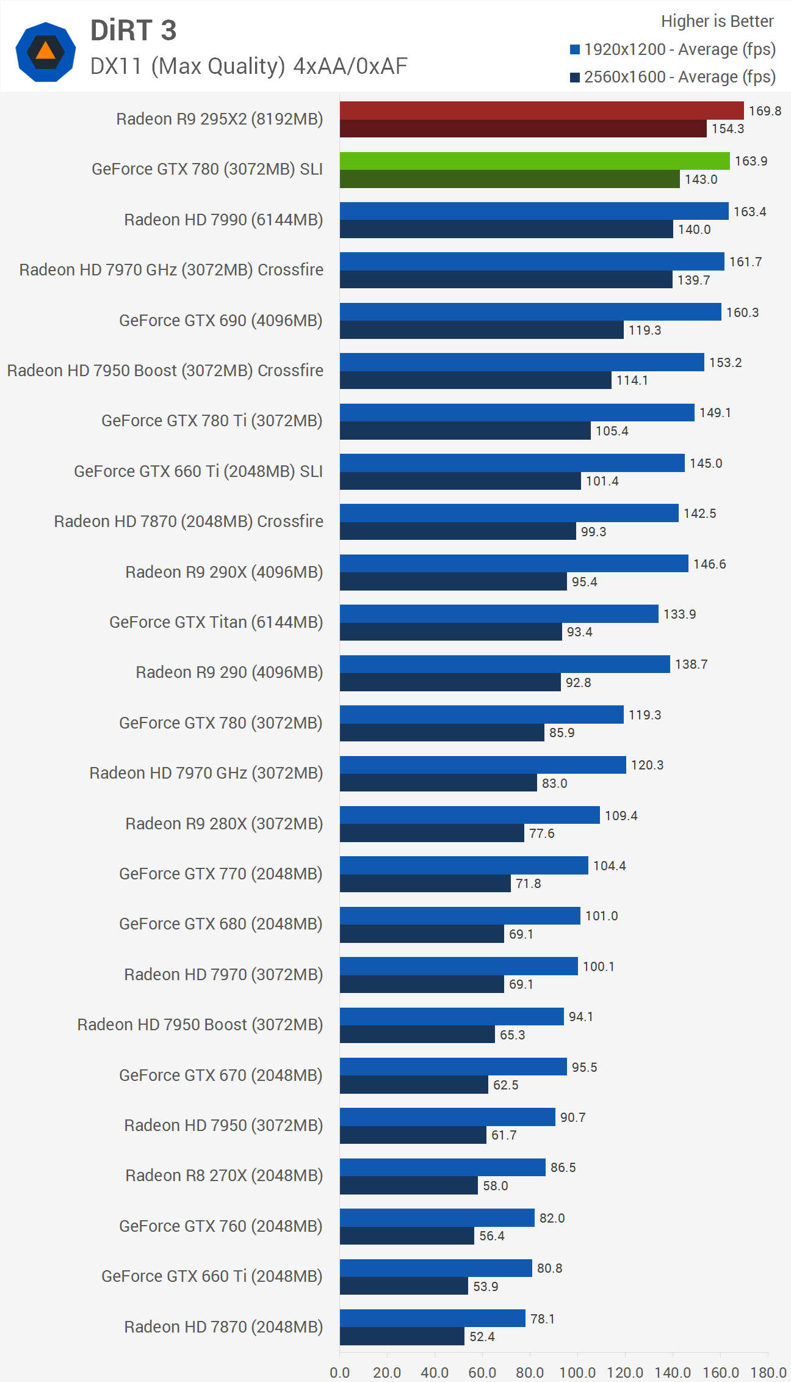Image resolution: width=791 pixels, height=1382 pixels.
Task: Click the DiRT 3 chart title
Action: point(133,31)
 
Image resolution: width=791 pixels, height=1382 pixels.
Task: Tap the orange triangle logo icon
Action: point(46,51)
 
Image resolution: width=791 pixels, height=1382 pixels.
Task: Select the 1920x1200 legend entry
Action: point(673,49)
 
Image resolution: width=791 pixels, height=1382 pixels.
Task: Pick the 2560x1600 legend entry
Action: point(673,77)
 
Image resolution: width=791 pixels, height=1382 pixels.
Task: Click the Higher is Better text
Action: point(717,21)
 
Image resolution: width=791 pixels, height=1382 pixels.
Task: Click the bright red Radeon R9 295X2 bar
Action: point(541,111)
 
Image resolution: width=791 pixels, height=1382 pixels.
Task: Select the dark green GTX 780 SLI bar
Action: point(510,179)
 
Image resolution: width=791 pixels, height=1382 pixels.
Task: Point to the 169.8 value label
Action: point(765,111)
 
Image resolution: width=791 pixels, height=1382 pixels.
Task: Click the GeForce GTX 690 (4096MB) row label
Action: point(220,321)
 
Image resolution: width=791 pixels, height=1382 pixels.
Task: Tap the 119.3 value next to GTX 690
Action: point(645,330)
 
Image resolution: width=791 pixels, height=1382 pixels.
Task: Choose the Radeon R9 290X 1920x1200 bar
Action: point(514,563)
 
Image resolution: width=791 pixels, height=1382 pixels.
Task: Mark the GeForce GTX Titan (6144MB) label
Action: point(216,622)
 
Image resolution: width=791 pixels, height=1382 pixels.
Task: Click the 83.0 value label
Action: point(554,784)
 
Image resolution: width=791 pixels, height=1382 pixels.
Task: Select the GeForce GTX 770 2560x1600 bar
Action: point(425,884)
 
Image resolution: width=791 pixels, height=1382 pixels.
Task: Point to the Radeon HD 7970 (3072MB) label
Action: point(223,975)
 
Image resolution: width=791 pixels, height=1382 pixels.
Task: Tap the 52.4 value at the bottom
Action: point(482,1337)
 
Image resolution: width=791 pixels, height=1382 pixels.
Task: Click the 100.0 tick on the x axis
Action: point(577,1373)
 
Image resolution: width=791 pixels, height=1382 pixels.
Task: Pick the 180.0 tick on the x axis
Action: point(768,1373)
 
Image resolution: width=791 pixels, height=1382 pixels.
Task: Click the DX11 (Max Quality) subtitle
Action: point(248,66)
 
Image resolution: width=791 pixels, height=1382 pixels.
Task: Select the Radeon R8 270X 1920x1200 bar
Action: point(442,1167)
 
